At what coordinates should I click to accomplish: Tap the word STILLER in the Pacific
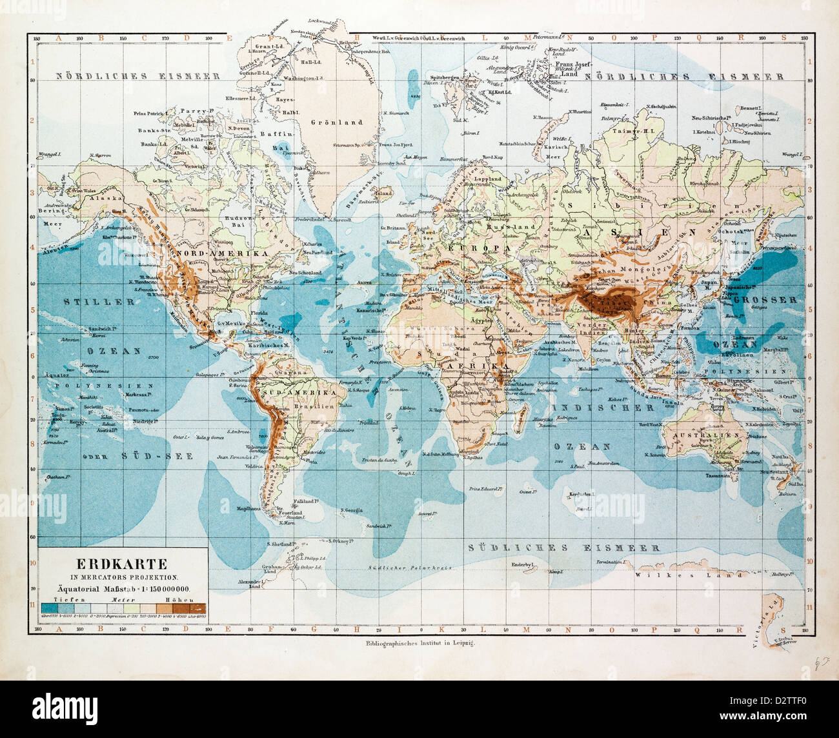point(99,301)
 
